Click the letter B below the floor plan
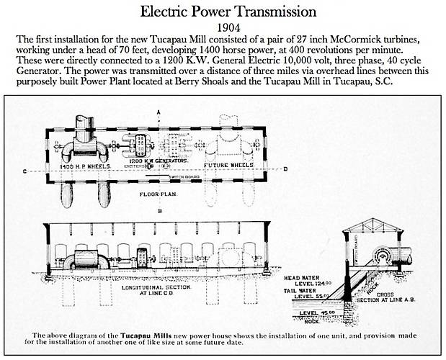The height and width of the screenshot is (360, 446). tap(159, 213)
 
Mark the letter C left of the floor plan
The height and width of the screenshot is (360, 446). tap(24, 171)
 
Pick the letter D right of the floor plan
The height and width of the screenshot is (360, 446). tap(286, 170)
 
